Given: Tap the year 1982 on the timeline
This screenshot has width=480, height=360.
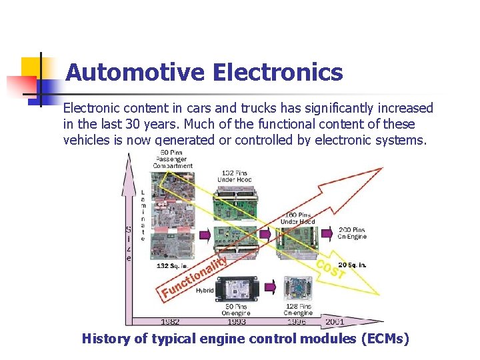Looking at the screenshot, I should coord(170,321).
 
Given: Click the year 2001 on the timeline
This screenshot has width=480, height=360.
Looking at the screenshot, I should coord(334,321).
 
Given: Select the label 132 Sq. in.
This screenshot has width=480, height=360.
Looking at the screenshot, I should coord(172,265).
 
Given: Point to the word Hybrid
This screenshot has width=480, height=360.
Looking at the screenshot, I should coord(204,291).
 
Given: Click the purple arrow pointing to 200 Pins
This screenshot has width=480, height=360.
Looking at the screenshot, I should coord(327,234).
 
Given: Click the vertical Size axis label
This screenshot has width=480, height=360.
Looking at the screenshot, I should coord(128,243).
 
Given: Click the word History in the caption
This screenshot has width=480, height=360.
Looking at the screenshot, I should coord(105,339).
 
